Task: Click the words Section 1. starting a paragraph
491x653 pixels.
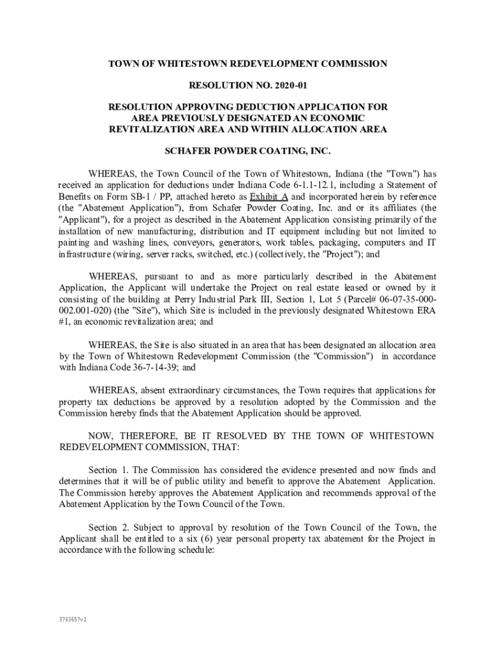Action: [108, 470]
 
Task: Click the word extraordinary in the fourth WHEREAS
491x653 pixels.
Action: [191, 390]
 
